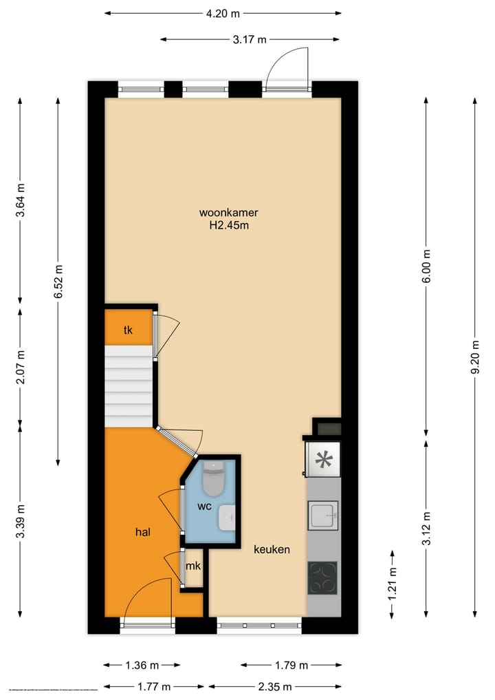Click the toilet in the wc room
coord(212,479)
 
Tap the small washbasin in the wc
coord(227,518)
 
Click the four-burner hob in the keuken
coord(322,577)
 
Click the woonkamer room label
coord(229,212)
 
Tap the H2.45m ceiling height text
coord(229,225)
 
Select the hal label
coord(142,531)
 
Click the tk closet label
coord(128,330)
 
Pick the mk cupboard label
coord(193,567)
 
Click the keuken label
coord(272,549)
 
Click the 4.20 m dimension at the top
coord(223,13)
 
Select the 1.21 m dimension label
coord(392,584)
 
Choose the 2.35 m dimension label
coord(274,686)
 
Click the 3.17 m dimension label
coord(249,40)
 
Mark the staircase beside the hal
coord(128,385)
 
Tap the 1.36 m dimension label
coord(142,666)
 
